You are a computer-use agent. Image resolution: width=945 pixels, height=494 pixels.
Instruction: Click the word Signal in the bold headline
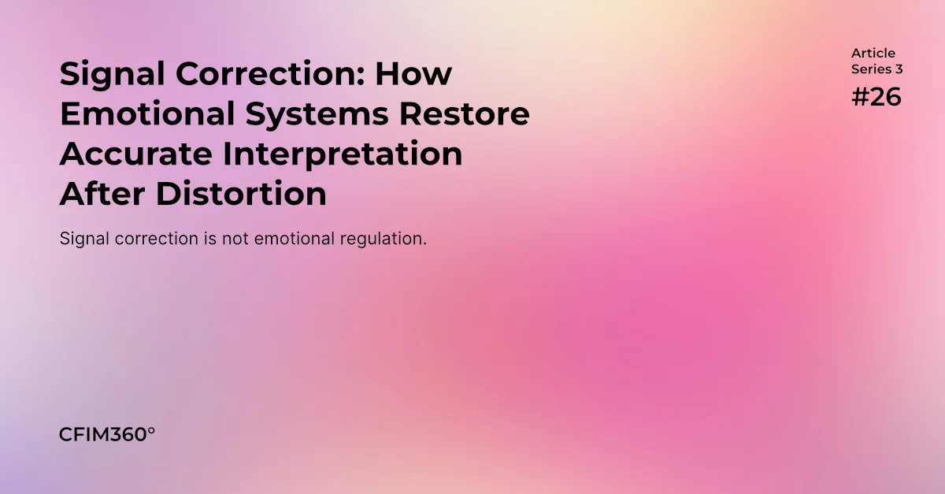pos(110,74)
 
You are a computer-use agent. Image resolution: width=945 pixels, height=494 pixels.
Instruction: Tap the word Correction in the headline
pos(264,74)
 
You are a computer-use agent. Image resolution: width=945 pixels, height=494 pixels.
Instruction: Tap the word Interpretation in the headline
pos(342,155)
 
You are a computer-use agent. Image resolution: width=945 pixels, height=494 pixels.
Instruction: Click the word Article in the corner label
pos(873,54)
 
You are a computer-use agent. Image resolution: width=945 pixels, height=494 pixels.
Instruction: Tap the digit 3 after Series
pos(899,69)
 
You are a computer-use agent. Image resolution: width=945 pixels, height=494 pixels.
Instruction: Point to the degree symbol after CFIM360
pos(151,430)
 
